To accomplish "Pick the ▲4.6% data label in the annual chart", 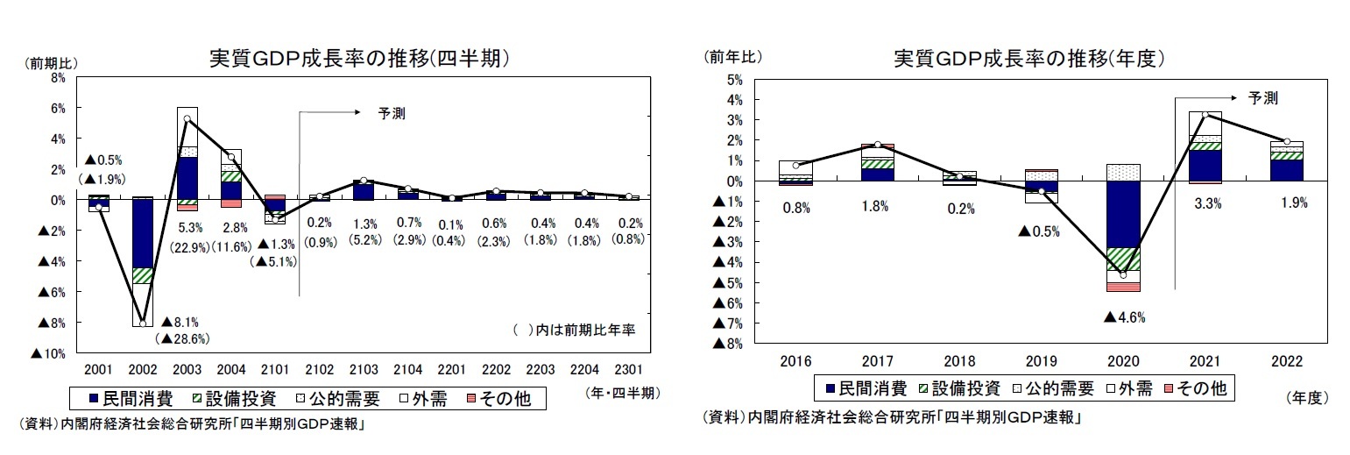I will point(1124,316).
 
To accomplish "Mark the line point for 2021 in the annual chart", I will point(1205,115).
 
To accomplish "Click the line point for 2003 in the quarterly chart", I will point(187,118).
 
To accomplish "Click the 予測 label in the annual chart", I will point(1262,97).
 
